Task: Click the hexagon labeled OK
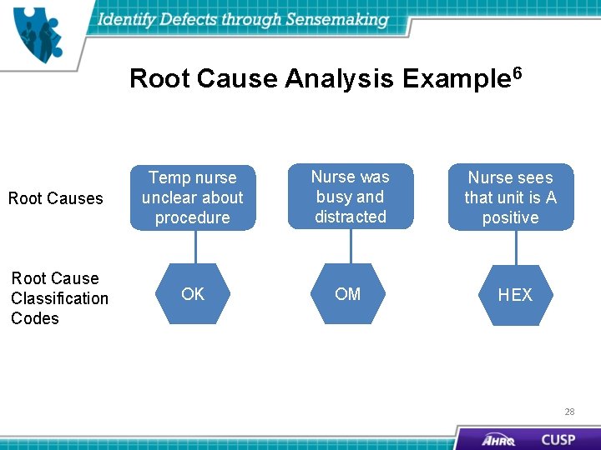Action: pos(193,294)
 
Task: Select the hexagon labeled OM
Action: pos(348,293)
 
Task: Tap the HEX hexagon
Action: pos(515,295)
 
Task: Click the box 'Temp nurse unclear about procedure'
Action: pos(193,197)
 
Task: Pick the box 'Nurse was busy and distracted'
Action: pos(351,197)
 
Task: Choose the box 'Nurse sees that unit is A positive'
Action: pos(511,197)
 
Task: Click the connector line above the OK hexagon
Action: pos(194,247)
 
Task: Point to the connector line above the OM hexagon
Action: pos(351,246)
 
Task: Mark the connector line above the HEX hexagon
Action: pos(516,247)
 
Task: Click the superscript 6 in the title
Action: pos(517,73)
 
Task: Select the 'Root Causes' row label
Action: pos(55,198)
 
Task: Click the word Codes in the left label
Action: pos(35,318)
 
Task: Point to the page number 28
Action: pos(569,412)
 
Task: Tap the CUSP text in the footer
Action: pos(558,438)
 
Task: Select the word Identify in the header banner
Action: pos(129,19)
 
